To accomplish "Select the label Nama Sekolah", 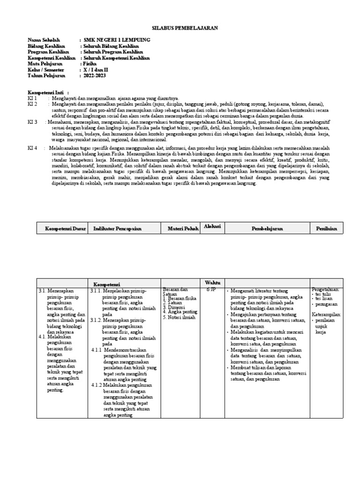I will point(45,41).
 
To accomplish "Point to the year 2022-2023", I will point(96,75).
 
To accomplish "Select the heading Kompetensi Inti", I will point(45,93).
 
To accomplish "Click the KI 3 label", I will point(32,121).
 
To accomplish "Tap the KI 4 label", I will point(32,148).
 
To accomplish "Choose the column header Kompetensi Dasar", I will point(65,228).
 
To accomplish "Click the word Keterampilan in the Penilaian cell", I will point(327,315).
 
